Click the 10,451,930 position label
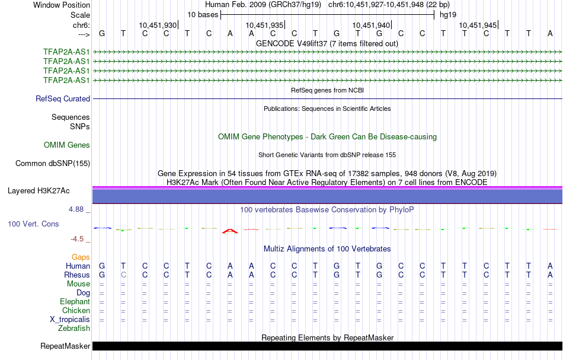[158, 25]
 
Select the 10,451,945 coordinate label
[478, 25]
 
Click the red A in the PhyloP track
[230, 231]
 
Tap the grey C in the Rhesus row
[123, 275]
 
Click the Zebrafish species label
[74, 328]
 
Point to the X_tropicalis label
[70, 320]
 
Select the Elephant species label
[75, 301]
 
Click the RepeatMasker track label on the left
[65, 346]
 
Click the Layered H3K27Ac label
[39, 191]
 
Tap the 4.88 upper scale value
[76, 209]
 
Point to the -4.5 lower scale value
[77, 239]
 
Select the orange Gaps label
[81, 257]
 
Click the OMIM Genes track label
[67, 145]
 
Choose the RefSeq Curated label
[63, 99]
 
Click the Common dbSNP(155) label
[53, 164]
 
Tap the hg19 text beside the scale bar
[448, 15]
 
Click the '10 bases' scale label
[203, 15]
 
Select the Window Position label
[62, 5]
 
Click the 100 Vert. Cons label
[33, 224]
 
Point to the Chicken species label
[76, 310]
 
